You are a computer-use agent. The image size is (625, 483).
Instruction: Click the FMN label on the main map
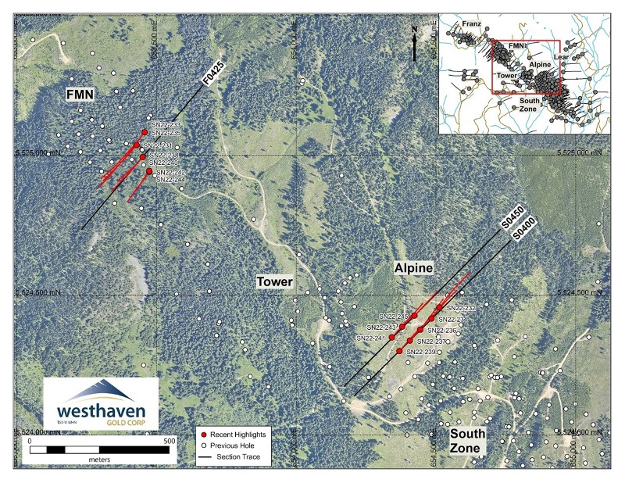(80, 95)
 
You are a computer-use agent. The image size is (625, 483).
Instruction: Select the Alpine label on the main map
(413, 268)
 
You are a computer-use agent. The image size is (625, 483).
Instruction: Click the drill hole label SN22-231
(161, 145)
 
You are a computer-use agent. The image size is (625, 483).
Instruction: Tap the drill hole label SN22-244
(170, 180)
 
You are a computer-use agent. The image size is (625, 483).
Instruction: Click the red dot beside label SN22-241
(391, 337)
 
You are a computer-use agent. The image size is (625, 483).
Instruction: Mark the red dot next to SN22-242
(149, 171)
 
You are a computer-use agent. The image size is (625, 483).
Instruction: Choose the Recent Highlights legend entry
(239, 434)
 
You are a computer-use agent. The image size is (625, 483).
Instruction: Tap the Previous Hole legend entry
(234, 445)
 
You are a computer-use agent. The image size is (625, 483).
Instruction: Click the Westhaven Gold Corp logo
(101, 403)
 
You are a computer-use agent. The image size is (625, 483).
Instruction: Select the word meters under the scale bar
(98, 460)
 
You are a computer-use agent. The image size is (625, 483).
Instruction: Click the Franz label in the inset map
(471, 25)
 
